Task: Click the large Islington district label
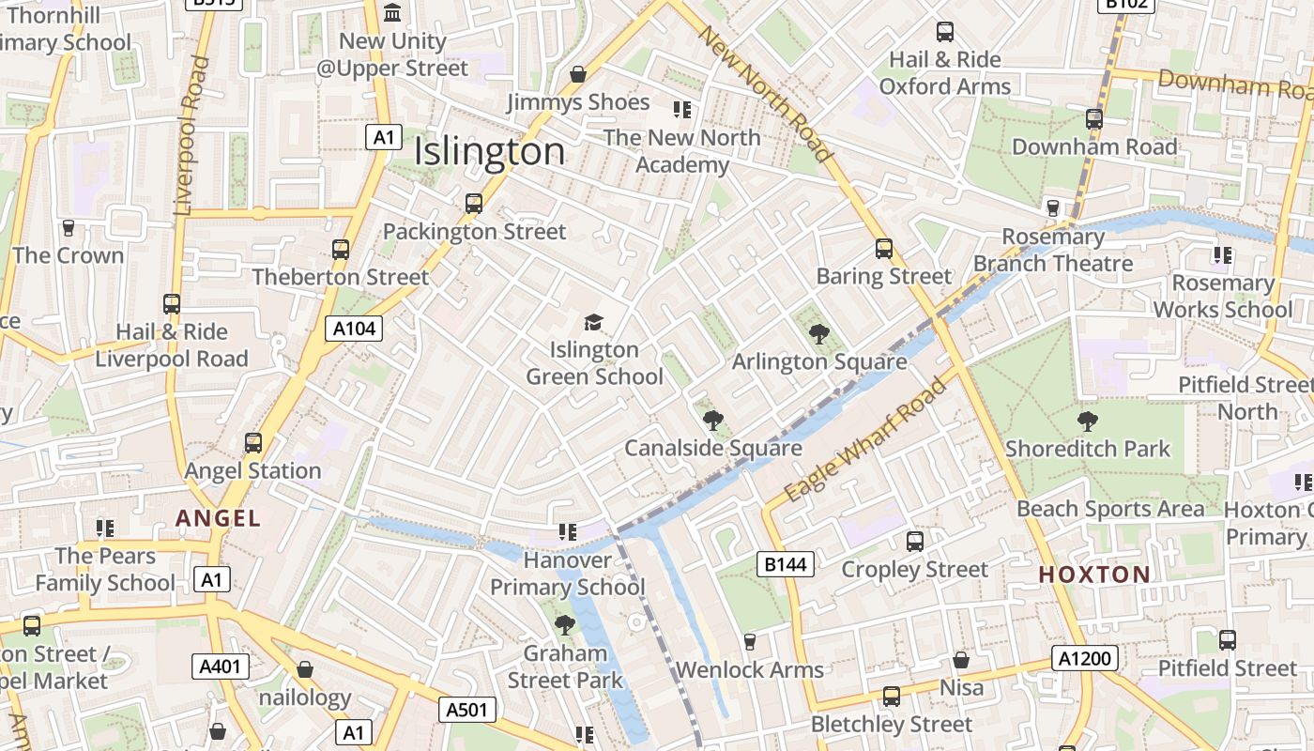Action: tap(489, 151)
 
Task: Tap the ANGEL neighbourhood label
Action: tap(218, 518)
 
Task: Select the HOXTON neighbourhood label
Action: tap(1094, 575)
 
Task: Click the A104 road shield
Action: tap(354, 328)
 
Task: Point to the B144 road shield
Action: tap(785, 563)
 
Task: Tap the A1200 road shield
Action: tap(1084, 658)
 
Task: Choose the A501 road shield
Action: tap(466, 710)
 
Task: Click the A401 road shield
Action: tap(222, 667)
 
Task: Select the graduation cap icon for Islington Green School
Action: tap(593, 323)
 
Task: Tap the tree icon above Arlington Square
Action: tap(819, 333)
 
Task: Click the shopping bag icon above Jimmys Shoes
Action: tap(578, 74)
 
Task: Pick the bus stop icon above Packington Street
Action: tap(474, 203)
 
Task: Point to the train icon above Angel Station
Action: tap(252, 442)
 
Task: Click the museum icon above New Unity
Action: tap(392, 13)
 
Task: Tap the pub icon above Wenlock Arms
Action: tap(749, 642)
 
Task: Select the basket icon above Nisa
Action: tap(961, 660)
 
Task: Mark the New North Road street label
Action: tap(765, 94)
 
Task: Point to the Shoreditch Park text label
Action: tap(1088, 449)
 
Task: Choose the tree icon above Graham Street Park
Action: tap(564, 624)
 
